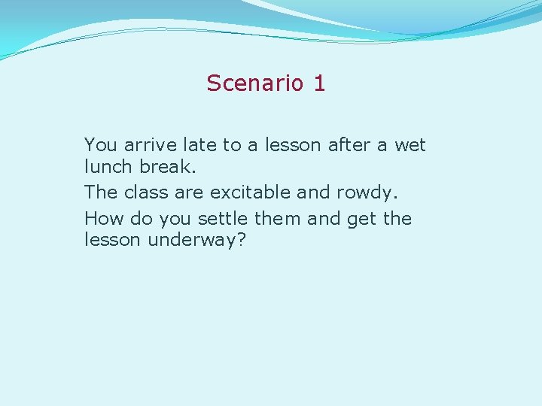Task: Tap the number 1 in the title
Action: [319, 83]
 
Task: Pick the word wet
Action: [410, 144]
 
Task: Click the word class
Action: [146, 192]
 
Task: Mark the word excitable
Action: [251, 192]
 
